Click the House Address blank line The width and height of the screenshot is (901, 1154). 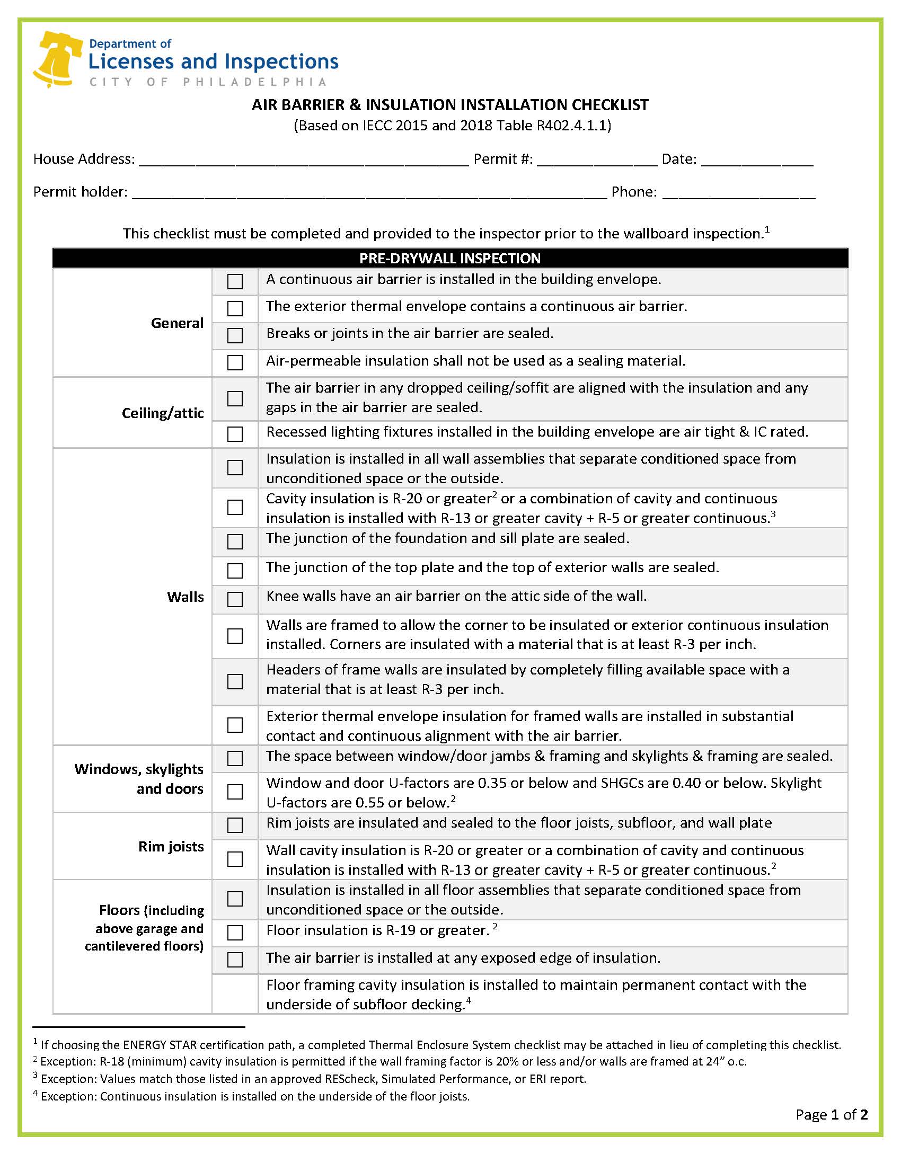(304, 159)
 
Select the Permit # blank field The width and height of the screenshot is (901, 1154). (597, 159)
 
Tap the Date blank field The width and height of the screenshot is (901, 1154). (757, 159)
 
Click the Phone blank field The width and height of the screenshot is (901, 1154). (738, 192)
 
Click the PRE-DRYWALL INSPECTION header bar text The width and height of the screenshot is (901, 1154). (450, 258)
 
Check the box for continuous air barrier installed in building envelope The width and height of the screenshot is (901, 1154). (235, 281)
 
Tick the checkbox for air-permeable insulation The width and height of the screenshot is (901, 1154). (235, 362)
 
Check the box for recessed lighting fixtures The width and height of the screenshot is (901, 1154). (235, 434)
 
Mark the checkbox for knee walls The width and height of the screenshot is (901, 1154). (235, 599)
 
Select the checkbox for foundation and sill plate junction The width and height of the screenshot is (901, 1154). (235, 542)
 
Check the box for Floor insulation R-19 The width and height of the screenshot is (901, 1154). (235, 933)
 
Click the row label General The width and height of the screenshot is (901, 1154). (177, 323)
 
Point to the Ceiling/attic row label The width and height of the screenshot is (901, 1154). (163, 413)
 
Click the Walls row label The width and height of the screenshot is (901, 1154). (185, 597)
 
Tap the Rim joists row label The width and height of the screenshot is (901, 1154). (171, 846)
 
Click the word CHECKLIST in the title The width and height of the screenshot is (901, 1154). (609, 105)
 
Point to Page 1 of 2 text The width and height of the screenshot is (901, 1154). (831, 1114)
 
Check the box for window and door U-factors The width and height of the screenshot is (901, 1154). (235, 792)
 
